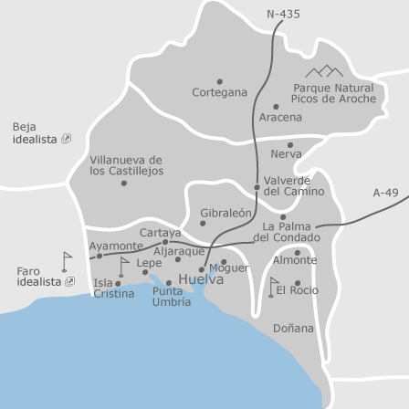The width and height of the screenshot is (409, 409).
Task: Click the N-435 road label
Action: (x=283, y=14)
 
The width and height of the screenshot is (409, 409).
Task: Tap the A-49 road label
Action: (x=385, y=193)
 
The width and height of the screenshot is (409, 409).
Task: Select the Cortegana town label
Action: (x=219, y=92)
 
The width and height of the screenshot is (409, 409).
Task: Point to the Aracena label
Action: (x=280, y=117)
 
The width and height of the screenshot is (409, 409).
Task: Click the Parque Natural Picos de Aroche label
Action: (x=333, y=93)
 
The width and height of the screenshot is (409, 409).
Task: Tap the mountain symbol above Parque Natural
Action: (x=324, y=70)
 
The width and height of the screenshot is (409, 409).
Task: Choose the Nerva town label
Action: (x=286, y=154)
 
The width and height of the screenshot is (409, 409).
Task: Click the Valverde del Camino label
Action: (x=293, y=186)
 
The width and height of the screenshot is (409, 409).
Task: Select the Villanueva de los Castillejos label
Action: (x=126, y=165)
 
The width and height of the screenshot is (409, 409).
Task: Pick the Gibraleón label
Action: (x=225, y=213)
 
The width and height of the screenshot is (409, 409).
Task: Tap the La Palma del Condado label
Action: (x=286, y=232)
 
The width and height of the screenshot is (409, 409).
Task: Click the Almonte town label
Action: (x=295, y=260)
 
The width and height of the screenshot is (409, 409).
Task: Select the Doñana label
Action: (x=293, y=328)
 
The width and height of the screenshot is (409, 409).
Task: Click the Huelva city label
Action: (x=200, y=279)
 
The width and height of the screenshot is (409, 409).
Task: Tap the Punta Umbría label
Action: (x=171, y=296)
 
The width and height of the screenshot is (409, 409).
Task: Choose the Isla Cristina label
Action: (x=113, y=288)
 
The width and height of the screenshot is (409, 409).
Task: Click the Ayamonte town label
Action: (x=115, y=246)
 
